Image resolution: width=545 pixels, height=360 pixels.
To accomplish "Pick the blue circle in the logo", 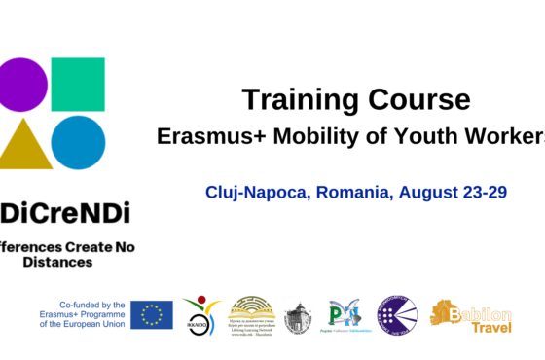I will (78, 142).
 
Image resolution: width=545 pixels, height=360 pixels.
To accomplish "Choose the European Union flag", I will (152, 314).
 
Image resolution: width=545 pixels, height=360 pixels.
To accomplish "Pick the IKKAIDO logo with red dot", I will (200, 314).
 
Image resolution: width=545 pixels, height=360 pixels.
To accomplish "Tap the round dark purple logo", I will (397, 314).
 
